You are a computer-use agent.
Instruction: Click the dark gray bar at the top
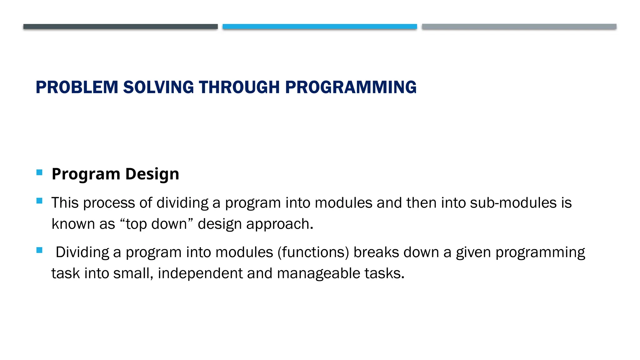coord(120,27)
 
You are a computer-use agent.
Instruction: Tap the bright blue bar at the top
coord(320,27)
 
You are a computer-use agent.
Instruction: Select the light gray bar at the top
coord(519,27)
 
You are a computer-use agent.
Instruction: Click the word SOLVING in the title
coord(158,87)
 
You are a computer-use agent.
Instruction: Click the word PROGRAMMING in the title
coord(351,87)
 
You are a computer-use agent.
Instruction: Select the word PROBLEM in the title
coord(77,87)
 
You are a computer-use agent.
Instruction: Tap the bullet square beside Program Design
coord(39,172)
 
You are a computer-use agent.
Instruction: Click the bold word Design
coord(152,174)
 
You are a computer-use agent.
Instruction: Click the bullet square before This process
coord(39,201)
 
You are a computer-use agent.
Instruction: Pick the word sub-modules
coord(513,203)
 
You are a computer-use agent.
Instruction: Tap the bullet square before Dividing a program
coord(39,250)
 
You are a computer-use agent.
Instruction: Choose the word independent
coord(200,273)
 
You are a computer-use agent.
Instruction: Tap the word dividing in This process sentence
coord(182,203)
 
